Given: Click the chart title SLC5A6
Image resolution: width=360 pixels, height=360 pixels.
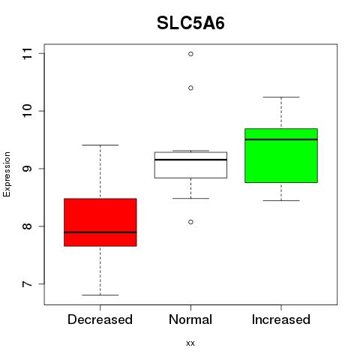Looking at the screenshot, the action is tap(190, 23).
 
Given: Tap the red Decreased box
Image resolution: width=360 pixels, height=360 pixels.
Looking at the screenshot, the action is tap(100, 222).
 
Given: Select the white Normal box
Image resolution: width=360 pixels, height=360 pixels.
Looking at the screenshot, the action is tap(190, 165).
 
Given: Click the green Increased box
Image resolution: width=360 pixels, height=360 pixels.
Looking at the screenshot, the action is tap(281, 155).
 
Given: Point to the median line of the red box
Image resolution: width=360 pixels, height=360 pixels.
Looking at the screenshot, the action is tap(100, 232).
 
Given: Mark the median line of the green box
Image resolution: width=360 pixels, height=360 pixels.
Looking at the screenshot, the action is tap(281, 139).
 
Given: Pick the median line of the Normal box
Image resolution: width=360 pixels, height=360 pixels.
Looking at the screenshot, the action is tap(190, 160).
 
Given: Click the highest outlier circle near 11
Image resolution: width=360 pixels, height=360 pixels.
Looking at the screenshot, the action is tap(190, 54).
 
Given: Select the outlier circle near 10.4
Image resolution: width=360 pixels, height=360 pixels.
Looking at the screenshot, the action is tap(190, 88).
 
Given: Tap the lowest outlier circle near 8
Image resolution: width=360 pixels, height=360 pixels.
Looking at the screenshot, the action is tap(190, 222).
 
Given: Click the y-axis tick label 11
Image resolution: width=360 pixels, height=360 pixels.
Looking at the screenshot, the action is tap(27, 53).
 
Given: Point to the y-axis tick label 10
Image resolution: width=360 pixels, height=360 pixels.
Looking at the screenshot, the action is tap(27, 111).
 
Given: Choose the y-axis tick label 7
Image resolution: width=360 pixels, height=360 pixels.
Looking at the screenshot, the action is tap(27, 284).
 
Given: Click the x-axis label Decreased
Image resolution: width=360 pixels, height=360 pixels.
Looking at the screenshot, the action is tap(100, 319).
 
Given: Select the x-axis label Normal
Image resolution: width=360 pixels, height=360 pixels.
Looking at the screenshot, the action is tap(190, 319).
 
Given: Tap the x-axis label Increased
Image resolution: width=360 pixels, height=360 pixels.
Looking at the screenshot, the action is tap(281, 319).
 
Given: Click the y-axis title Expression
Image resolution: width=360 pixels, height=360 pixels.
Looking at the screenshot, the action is tap(7, 174).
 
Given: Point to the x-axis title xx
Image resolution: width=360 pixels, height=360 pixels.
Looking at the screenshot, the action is tap(190, 343).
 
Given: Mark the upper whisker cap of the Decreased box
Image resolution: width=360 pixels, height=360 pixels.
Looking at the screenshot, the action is tap(100, 145).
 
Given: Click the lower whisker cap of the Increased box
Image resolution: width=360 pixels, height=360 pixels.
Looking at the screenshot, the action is tap(281, 200).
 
